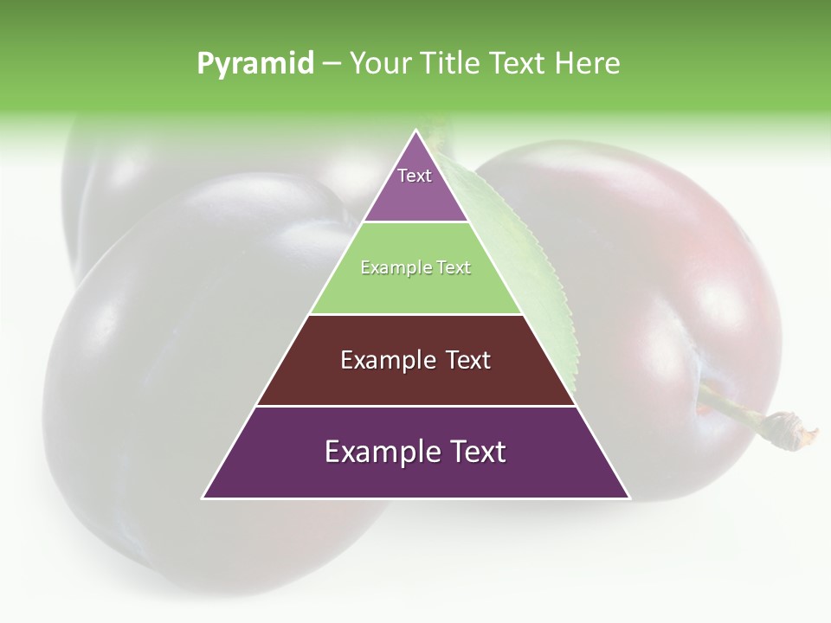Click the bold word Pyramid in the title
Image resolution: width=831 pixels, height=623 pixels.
point(254,64)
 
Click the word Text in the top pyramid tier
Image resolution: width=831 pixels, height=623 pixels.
point(415,176)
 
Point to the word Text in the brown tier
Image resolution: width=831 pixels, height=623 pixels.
point(468,360)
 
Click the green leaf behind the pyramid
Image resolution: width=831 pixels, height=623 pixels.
point(528,260)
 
